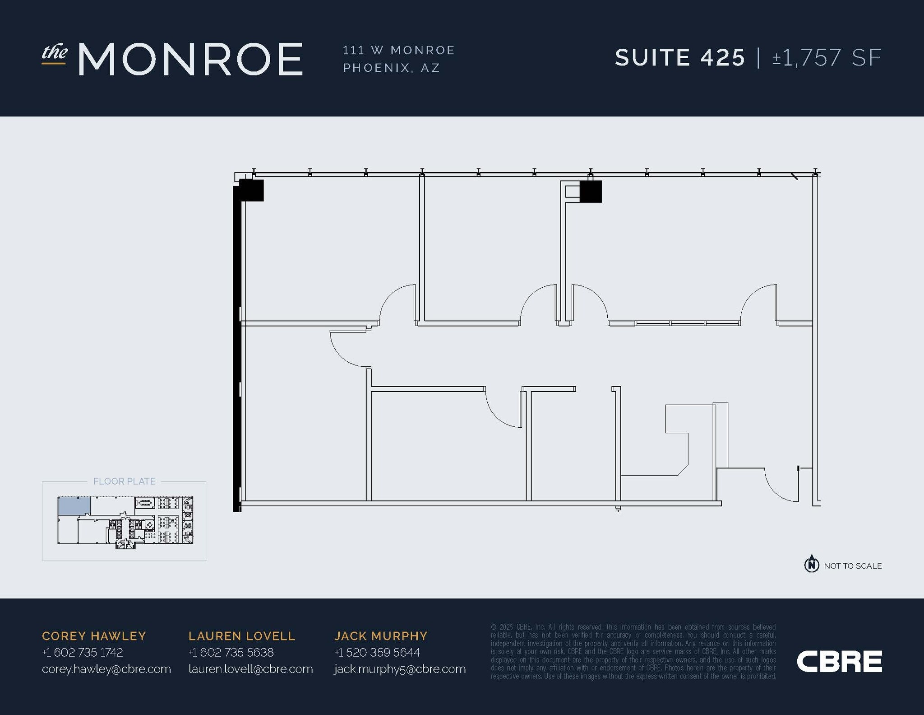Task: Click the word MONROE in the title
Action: pyautogui.click(x=190, y=59)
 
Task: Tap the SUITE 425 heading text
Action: pyautogui.click(x=680, y=58)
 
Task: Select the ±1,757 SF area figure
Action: pyautogui.click(x=827, y=58)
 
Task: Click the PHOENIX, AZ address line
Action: pyautogui.click(x=391, y=68)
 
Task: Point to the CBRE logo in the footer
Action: pyautogui.click(x=839, y=661)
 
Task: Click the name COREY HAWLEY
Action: pyautogui.click(x=94, y=636)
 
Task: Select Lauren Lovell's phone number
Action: pyautogui.click(x=231, y=652)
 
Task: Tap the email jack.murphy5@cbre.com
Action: pyautogui.click(x=400, y=669)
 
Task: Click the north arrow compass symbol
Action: pyautogui.click(x=812, y=564)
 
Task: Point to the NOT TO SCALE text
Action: pyautogui.click(x=853, y=566)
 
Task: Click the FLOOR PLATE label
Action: pyautogui.click(x=124, y=481)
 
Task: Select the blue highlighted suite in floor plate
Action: pyautogui.click(x=74, y=506)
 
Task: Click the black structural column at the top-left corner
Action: pyautogui.click(x=251, y=190)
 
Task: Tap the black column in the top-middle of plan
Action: pyautogui.click(x=591, y=192)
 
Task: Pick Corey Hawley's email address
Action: pyautogui.click(x=106, y=669)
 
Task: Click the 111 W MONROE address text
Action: pyautogui.click(x=399, y=50)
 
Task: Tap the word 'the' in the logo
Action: pyautogui.click(x=55, y=53)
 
